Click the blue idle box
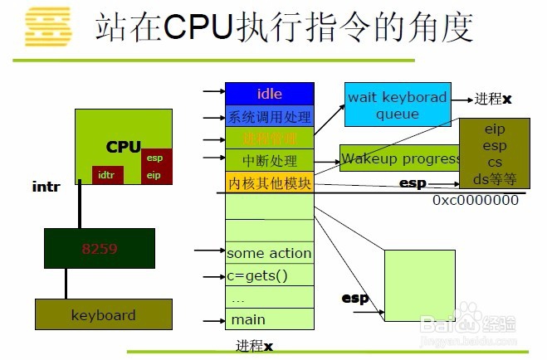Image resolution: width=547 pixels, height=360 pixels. (270, 93)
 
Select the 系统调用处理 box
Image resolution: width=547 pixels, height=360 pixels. (270, 115)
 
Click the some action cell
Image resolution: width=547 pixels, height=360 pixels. (270, 253)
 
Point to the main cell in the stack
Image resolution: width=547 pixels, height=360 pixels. (270, 319)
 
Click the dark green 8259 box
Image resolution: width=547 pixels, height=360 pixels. (100, 246)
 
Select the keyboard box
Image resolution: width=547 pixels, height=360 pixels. (103, 315)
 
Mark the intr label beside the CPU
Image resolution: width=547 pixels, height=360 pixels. (46, 188)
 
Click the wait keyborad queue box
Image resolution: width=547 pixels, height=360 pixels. (397, 105)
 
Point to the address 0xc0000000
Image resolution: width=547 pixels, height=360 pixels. (475, 200)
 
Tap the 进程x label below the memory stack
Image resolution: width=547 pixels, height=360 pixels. (254, 344)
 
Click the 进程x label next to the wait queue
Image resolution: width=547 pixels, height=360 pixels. (493, 99)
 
